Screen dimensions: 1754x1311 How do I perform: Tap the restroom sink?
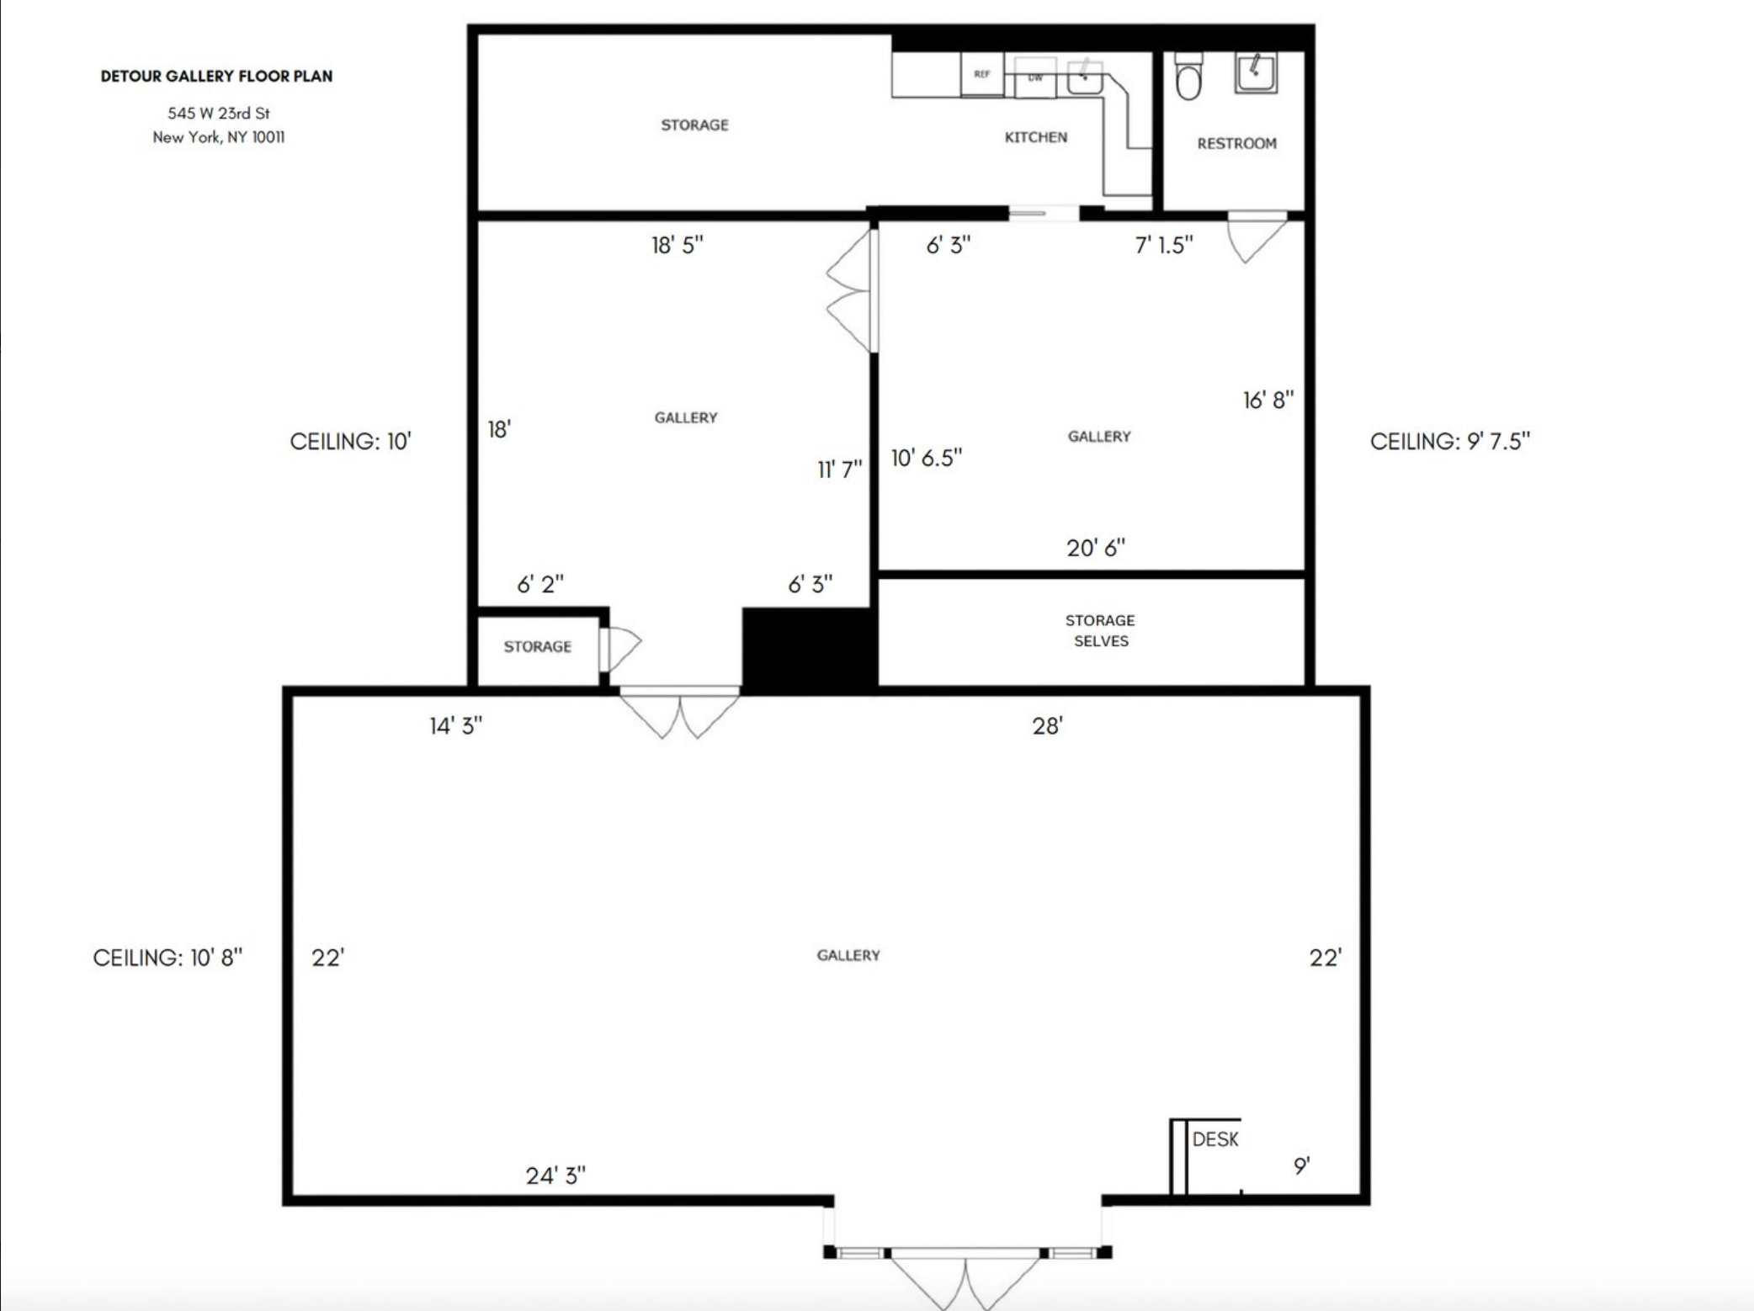tap(1256, 72)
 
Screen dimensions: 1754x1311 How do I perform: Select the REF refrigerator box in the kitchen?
tap(982, 74)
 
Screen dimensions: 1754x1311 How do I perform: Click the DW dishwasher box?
tap(1035, 77)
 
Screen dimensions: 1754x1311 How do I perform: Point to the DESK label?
tap(1215, 1139)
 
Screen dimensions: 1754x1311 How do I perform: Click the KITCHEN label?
tap(1036, 137)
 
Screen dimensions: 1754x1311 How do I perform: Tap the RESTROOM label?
tap(1237, 143)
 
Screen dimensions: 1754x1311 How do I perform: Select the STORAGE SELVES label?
tap(1100, 630)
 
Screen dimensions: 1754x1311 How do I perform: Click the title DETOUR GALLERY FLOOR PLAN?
tap(216, 76)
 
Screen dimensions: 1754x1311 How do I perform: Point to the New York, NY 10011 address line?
tap(219, 137)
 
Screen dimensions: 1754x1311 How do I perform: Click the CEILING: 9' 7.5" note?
tap(1450, 441)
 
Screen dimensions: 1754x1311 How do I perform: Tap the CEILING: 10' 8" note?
tap(167, 958)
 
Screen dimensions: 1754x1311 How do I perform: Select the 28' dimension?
tap(1048, 725)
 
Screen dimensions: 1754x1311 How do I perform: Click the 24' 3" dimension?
tap(555, 1176)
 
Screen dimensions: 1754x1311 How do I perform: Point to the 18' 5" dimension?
tap(678, 245)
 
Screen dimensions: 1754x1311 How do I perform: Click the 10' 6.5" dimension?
tap(927, 458)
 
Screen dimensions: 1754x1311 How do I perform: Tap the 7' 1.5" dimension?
tap(1164, 245)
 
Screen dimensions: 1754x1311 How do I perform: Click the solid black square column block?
tap(810, 650)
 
